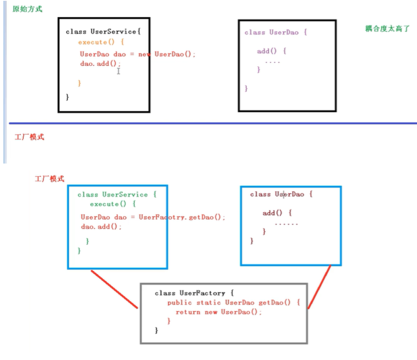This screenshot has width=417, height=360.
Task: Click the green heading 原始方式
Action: tap(27, 9)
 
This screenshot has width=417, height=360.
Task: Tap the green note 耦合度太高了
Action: tap(387, 28)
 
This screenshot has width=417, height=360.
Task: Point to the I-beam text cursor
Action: tap(118, 71)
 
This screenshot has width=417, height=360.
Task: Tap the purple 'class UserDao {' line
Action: tap(275, 33)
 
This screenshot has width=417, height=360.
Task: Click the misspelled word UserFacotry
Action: tap(162, 217)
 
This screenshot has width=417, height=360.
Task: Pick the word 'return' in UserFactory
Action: tap(188, 312)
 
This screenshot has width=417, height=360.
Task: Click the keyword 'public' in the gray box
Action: tap(180, 303)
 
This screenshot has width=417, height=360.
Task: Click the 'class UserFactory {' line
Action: tap(194, 293)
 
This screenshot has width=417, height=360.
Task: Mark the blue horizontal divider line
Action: tap(212, 123)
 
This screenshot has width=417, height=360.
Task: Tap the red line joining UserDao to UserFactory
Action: tap(319, 287)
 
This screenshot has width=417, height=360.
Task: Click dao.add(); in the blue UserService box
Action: tap(101, 227)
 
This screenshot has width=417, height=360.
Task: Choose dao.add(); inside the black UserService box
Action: tap(100, 64)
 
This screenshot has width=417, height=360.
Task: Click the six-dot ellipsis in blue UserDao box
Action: tap(286, 223)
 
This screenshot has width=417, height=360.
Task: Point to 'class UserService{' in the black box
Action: tap(103, 32)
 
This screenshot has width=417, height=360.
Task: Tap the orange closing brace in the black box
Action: tap(80, 83)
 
